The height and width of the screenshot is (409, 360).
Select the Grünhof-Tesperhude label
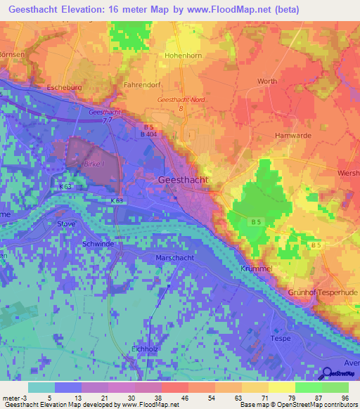pyautogui.click(x=323, y=292)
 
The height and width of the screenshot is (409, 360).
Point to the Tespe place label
pyautogui.click(x=281, y=338)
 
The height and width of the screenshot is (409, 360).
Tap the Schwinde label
pyautogui.click(x=78, y=242)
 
